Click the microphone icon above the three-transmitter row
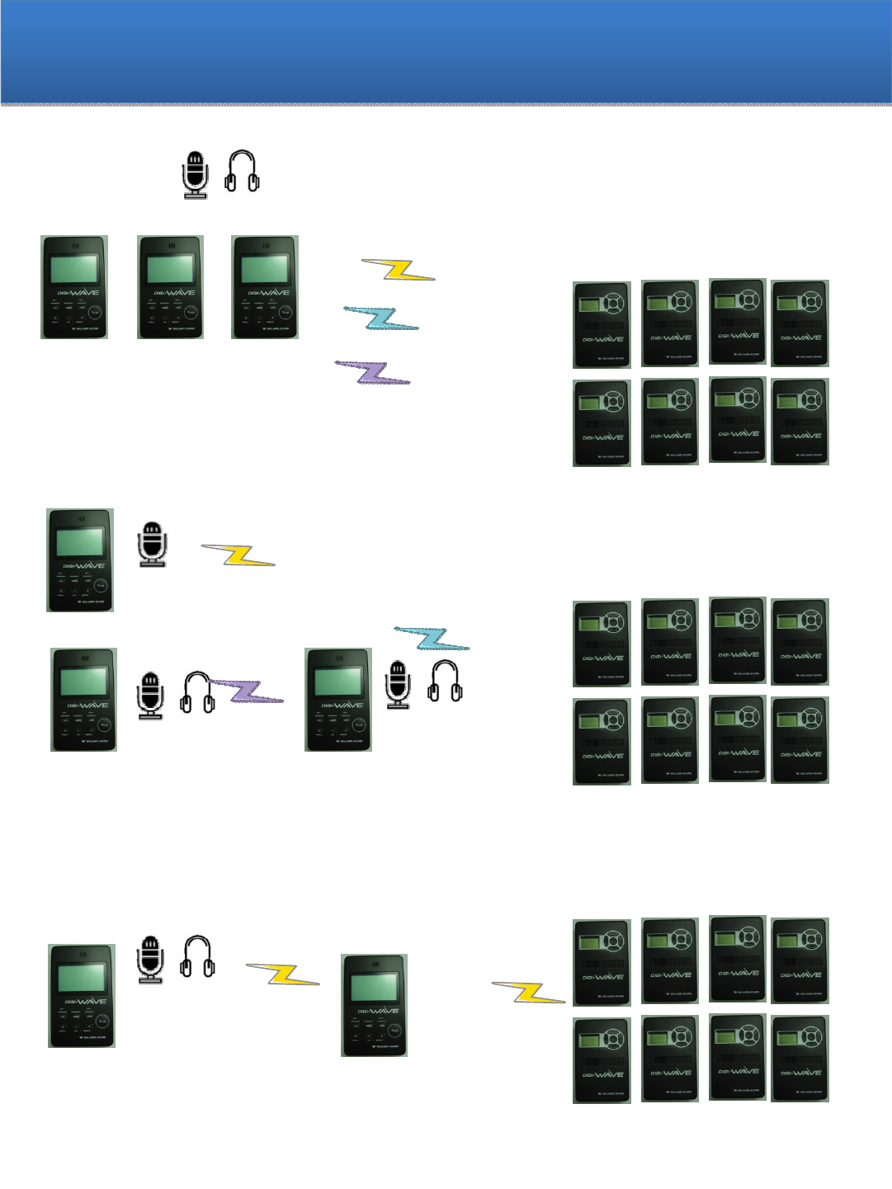pyautogui.click(x=196, y=174)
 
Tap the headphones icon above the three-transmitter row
pyautogui.click(x=243, y=172)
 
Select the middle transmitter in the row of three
pyautogui.click(x=171, y=287)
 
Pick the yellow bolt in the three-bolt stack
pyautogui.click(x=399, y=270)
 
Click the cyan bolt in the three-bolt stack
pyautogui.click(x=381, y=318)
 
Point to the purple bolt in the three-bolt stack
pyautogui.click(x=372, y=372)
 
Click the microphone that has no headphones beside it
pyautogui.click(x=153, y=544)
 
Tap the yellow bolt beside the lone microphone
pyautogui.click(x=238, y=554)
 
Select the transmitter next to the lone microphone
pyautogui.click(x=80, y=560)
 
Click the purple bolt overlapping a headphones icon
pyautogui.click(x=246, y=691)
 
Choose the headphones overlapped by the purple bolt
pyautogui.click(x=198, y=692)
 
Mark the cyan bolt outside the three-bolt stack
pyautogui.click(x=432, y=638)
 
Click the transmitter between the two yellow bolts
pyautogui.click(x=375, y=1005)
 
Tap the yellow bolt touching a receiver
pyautogui.click(x=529, y=992)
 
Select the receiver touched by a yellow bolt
pyautogui.click(x=602, y=962)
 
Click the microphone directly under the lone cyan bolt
pyautogui.click(x=399, y=684)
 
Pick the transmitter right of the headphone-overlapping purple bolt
pyautogui.click(x=338, y=700)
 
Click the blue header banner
pyautogui.click(x=446, y=52)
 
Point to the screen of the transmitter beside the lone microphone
pyautogui.click(x=79, y=542)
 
